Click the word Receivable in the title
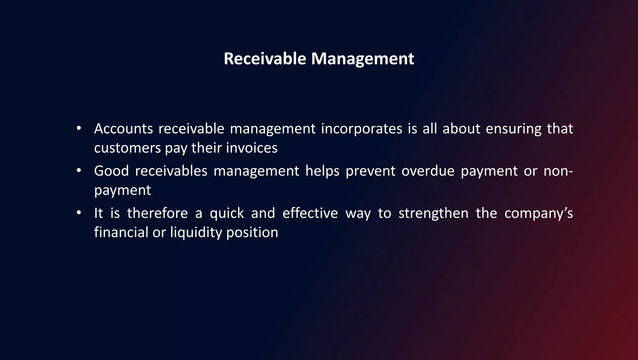(265, 59)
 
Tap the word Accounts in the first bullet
(123, 129)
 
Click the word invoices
(251, 148)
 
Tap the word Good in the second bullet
(111, 171)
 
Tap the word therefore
(157, 214)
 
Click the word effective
(310, 214)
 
